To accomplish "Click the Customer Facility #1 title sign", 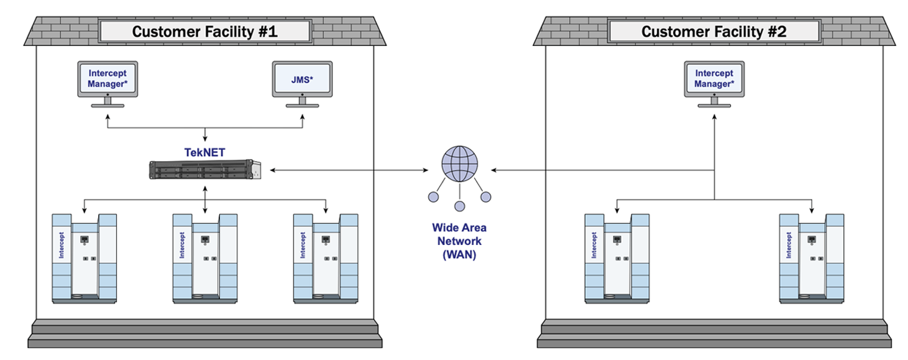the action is click(x=205, y=31).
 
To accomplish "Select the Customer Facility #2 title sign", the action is click(x=714, y=31).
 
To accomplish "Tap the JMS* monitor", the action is click(x=303, y=84).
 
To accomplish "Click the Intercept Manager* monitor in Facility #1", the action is click(x=108, y=84).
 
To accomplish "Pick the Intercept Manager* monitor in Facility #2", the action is click(x=714, y=84).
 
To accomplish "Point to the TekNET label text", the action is click(x=204, y=152).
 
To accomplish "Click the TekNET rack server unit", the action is click(x=205, y=170).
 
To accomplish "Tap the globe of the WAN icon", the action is click(x=460, y=164).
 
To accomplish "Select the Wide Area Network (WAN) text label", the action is click(x=459, y=241).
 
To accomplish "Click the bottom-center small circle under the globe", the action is click(x=460, y=206).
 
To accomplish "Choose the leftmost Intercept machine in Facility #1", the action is click(x=85, y=259).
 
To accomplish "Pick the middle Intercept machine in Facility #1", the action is click(x=205, y=259).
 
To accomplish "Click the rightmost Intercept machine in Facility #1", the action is click(x=326, y=259).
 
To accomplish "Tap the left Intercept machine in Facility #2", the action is click(x=617, y=259).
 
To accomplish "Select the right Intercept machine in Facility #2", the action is click(x=812, y=259).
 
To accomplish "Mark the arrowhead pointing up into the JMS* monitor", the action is click(x=303, y=117).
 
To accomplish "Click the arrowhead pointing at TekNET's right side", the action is click(x=273, y=170).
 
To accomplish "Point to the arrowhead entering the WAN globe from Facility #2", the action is click(x=493, y=170).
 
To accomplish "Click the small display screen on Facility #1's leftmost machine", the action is click(x=85, y=239).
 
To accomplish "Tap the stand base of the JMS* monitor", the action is click(x=303, y=106).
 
